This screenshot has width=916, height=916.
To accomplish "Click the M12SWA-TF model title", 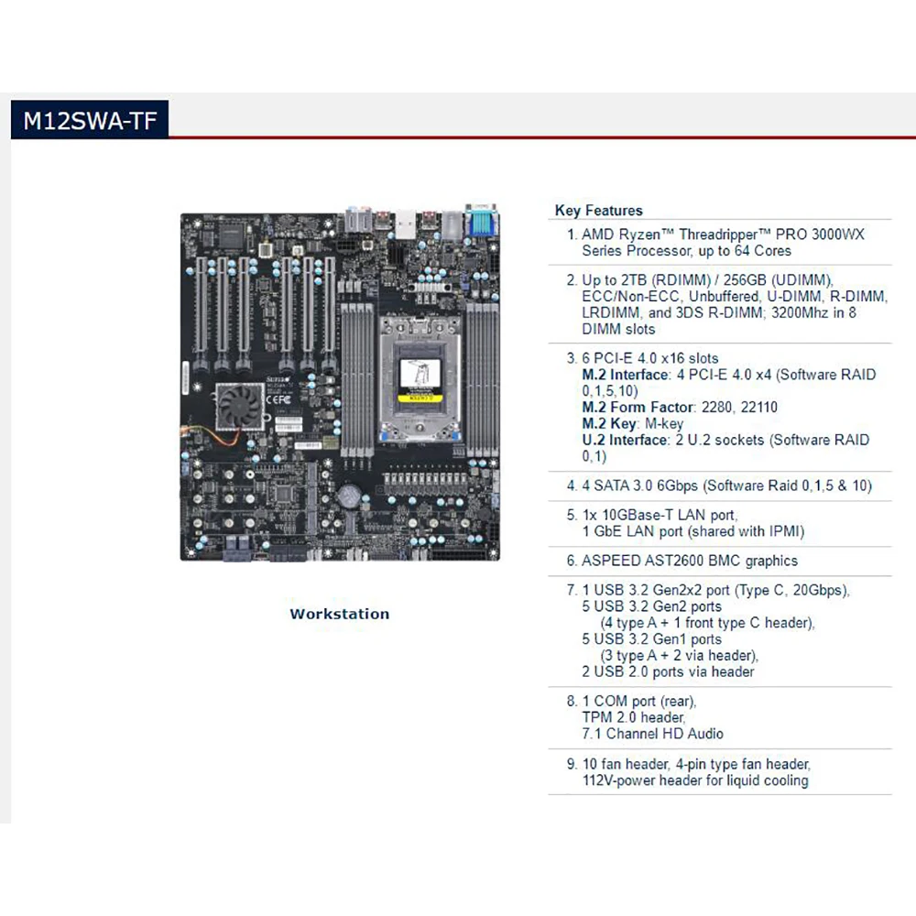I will coord(90,122).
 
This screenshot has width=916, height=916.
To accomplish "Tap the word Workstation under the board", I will coord(339,614).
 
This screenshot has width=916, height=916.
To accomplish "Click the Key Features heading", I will coord(598,211).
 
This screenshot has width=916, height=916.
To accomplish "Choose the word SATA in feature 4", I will coord(614,485).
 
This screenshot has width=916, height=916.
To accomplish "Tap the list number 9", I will coord(571,764).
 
